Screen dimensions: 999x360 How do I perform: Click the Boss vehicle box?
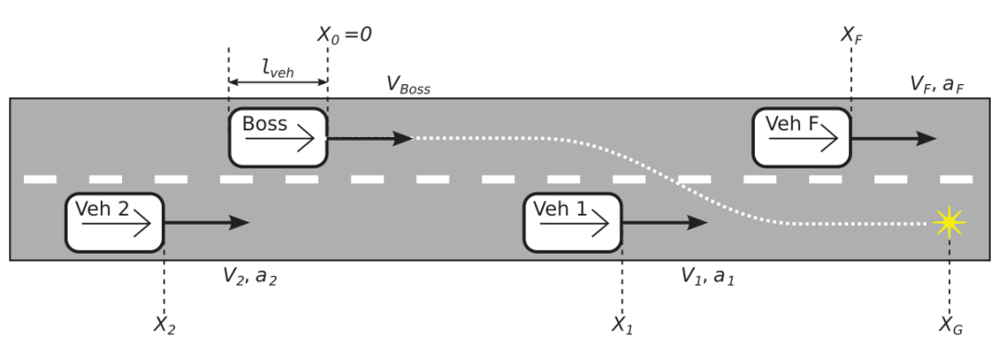click(x=277, y=138)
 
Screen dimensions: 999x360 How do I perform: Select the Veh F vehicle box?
click(x=801, y=138)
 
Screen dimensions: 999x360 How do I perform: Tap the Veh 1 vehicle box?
click(x=573, y=222)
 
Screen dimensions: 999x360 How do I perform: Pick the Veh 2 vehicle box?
click(x=115, y=222)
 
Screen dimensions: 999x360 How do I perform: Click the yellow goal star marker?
click(x=949, y=222)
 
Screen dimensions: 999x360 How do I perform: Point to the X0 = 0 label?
click(x=344, y=34)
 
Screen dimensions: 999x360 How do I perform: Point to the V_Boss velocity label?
click(x=409, y=85)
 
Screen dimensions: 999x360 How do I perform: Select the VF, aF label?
click(x=937, y=83)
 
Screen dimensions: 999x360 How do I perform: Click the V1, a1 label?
click(x=708, y=277)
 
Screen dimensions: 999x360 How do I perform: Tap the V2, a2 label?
click(x=250, y=277)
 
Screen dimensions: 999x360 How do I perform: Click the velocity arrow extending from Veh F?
click(x=894, y=138)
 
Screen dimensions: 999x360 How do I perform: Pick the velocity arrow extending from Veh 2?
click(x=207, y=222)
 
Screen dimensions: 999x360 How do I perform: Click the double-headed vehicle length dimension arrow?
click(x=277, y=82)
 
